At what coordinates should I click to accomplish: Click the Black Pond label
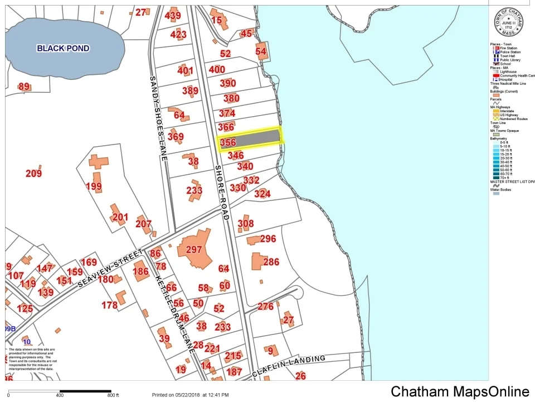[x=63, y=48]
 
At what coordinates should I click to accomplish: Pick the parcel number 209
[x=33, y=174]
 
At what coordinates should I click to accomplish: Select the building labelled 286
[x=271, y=262]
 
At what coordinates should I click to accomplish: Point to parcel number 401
[x=185, y=71]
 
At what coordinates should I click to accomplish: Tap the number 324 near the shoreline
[x=262, y=194]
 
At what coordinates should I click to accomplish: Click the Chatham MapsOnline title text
[x=460, y=391]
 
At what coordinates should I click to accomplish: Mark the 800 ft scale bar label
[x=113, y=395]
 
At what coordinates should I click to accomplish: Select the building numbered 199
[x=94, y=186]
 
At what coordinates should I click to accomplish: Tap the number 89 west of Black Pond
[x=24, y=87]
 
